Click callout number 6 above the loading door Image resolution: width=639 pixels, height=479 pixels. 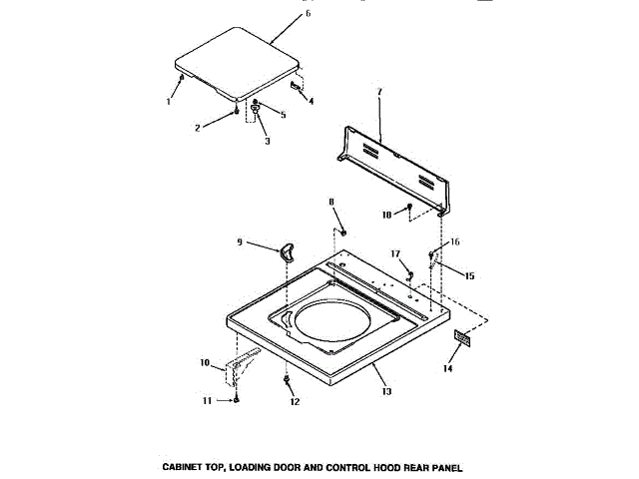click(308, 13)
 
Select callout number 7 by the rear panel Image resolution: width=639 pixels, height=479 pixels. click(379, 93)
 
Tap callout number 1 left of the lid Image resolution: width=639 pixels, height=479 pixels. click(169, 102)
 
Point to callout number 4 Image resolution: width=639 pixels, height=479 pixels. click(311, 102)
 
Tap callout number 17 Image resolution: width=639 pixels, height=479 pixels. click(395, 254)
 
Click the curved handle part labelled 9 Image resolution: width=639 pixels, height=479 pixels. click(288, 251)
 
